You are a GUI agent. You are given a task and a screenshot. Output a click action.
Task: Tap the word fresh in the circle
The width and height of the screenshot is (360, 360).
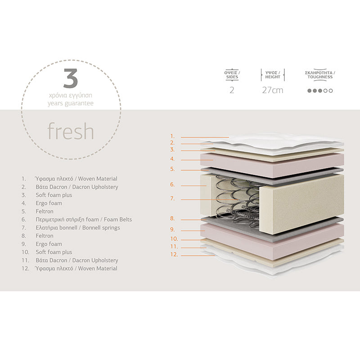tap(71, 131)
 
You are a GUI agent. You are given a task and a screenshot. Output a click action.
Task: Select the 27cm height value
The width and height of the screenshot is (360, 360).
tap(273, 90)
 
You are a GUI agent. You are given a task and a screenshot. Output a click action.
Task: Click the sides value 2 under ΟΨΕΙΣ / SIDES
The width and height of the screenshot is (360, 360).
tap(232, 90)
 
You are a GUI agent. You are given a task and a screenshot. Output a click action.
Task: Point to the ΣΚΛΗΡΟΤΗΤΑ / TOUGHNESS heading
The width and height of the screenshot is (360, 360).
tap(320, 75)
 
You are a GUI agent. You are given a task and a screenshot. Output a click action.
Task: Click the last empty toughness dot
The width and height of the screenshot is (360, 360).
tap(331, 90)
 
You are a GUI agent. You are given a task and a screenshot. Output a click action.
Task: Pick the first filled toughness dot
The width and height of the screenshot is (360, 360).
tap(309, 90)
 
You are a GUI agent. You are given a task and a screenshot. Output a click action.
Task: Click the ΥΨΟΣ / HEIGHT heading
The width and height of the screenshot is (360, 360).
tap(273, 75)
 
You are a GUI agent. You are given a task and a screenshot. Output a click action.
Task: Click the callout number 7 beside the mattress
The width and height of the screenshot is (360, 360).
tap(172, 198)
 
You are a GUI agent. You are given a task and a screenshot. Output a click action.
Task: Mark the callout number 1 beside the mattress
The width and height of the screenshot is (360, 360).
tap(172, 136)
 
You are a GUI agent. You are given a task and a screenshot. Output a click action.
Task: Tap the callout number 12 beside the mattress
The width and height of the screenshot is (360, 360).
tap(173, 255)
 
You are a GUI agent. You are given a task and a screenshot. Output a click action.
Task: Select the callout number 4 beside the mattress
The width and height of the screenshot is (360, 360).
tap(172, 159)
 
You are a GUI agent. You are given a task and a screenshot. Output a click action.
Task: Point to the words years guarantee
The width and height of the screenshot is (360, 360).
tap(71, 103)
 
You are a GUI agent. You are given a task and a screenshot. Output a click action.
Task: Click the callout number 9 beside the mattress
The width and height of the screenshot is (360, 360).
tap(172, 229)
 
